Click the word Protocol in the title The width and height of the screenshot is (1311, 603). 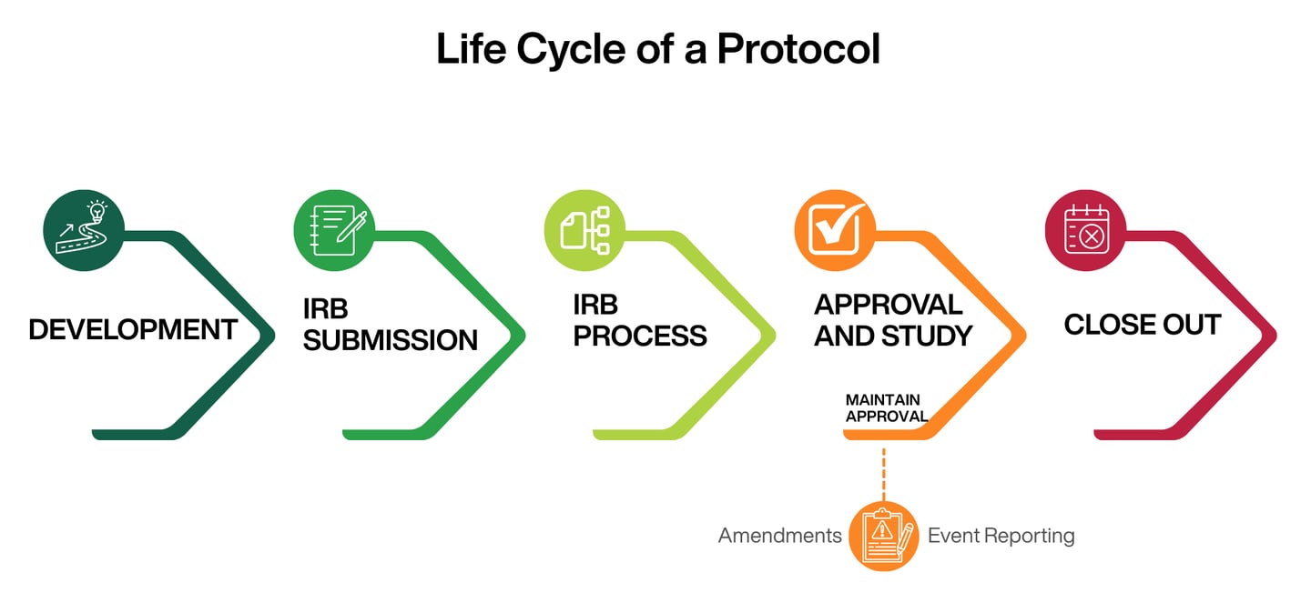pyautogui.click(x=798, y=48)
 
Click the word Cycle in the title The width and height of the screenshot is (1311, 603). pyautogui.click(x=571, y=50)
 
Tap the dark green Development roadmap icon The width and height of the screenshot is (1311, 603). pyautogui.click(x=84, y=230)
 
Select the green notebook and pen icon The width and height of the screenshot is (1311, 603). pyautogui.click(x=334, y=230)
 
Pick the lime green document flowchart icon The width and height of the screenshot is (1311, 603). pyautogui.click(x=584, y=230)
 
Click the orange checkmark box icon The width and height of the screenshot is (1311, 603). pyautogui.click(x=835, y=230)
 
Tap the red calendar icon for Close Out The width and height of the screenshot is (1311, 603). pyautogui.click(x=1085, y=230)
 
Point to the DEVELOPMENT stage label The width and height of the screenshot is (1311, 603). pyautogui.click(x=133, y=329)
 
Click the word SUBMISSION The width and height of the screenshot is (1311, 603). pyautogui.click(x=391, y=340)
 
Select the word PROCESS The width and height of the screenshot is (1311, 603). pyautogui.click(x=640, y=336)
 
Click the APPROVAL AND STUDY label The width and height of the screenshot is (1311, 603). pyautogui.click(x=893, y=320)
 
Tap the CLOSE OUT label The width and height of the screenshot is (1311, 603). pyautogui.click(x=1143, y=325)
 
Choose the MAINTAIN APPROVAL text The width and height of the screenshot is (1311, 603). pyautogui.click(x=887, y=408)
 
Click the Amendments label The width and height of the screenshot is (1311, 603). pyautogui.click(x=779, y=536)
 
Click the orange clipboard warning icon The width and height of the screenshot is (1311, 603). pyautogui.click(x=884, y=536)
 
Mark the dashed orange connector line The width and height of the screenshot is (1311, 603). pyautogui.click(x=884, y=475)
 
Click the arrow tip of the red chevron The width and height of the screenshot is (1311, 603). pyautogui.click(x=1275, y=336)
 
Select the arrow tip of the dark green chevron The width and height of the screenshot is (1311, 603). pyautogui.click(x=274, y=336)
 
